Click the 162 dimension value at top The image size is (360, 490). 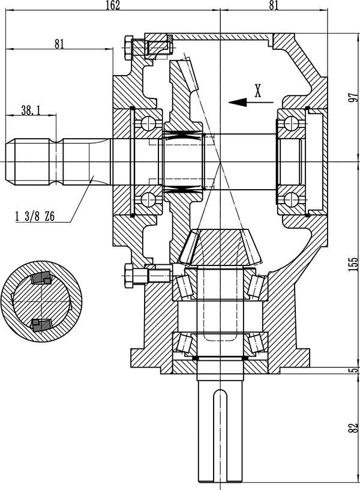113,5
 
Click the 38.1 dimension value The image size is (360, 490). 31,110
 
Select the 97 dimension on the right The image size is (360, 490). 353,97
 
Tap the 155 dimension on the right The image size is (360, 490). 353,264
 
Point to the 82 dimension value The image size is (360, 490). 353,428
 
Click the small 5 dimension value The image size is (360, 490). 354,371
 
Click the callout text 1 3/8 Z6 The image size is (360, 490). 35,216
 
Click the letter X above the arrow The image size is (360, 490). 257,91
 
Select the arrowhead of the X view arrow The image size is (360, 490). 238,102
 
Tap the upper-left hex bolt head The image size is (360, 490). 128,48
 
